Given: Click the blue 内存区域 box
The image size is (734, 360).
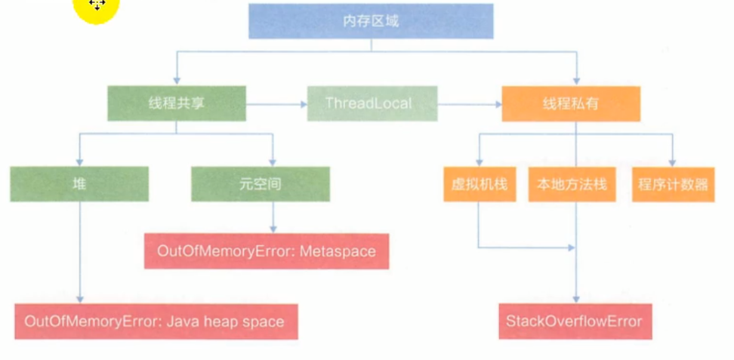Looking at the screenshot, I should tap(371, 21).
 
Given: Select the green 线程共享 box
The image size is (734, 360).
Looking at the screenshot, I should tap(177, 103).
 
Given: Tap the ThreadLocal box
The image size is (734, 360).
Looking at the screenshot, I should tap(372, 103).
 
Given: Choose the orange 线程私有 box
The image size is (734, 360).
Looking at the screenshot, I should tap(571, 103).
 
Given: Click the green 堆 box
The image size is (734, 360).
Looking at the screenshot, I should tap(80, 184).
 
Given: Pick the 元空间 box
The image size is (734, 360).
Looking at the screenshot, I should tap(260, 184).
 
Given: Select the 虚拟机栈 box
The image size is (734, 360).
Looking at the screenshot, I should tap(479, 184).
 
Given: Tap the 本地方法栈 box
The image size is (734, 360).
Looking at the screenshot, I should tap(572, 184).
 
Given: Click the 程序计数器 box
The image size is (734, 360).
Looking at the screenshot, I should tap(673, 184).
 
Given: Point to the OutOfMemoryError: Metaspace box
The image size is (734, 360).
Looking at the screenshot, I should tap(266, 251).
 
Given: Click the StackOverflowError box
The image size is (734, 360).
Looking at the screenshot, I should tap(574, 322).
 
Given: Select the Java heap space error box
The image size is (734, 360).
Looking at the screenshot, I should tap(155, 322).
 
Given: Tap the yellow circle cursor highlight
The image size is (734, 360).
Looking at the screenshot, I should tap(97, 9).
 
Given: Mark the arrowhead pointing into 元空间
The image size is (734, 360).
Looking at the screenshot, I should tap(273, 161).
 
